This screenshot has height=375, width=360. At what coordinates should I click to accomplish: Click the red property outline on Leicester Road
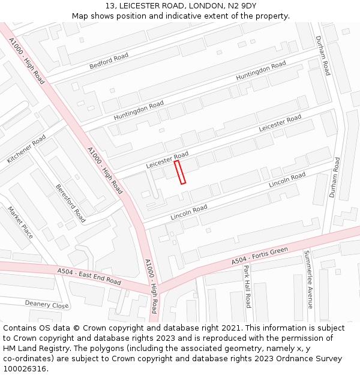pos(180,172)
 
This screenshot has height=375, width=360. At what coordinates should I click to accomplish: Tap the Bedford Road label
pos(109,61)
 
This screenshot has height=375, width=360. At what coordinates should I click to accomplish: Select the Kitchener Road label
pos(26,149)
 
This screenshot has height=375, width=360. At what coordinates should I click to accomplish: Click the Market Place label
pos(20,222)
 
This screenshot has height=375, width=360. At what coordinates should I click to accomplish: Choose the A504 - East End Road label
pos(89,277)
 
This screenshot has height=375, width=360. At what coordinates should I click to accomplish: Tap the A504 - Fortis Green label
pos(260,256)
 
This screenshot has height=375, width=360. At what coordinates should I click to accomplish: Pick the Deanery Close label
pos(47,304)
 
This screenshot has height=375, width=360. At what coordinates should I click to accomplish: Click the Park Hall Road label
pos(247,286)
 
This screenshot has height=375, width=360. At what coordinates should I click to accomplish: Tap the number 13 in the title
pos(110,6)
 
